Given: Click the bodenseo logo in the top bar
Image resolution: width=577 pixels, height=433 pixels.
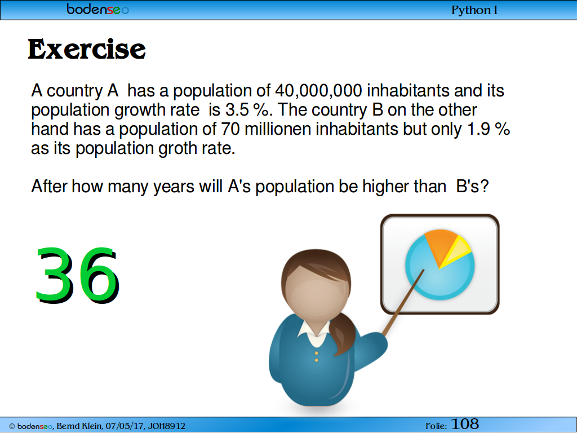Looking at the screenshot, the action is pyautogui.click(x=97, y=9).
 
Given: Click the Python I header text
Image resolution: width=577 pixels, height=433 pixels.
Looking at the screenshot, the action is pyautogui.click(x=474, y=10).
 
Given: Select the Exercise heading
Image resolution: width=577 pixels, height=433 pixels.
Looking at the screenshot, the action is pyautogui.click(x=87, y=50).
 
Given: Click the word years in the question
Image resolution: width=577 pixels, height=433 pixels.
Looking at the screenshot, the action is pyautogui.click(x=174, y=187).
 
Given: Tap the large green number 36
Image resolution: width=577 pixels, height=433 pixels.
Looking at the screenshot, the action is pyautogui.click(x=77, y=275).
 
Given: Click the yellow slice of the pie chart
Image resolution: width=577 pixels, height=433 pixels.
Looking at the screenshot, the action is pyautogui.click(x=457, y=252).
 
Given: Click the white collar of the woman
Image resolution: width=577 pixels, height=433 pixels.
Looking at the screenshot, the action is pyautogui.click(x=314, y=333).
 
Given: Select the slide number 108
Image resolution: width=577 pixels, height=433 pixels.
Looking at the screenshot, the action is pyautogui.click(x=465, y=424).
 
